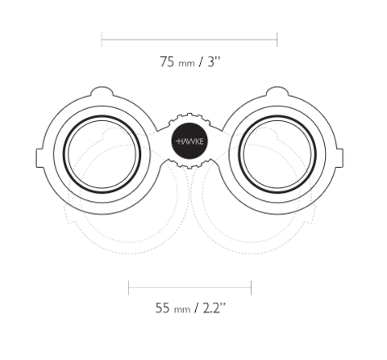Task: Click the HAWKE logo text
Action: (189, 141)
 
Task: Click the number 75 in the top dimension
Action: (167, 61)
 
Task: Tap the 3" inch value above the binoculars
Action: (214, 61)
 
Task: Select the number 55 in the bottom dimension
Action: (163, 308)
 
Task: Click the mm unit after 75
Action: (186, 64)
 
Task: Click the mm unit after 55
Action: (182, 310)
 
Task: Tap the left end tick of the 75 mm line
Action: (102, 40)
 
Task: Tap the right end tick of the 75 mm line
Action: (277, 40)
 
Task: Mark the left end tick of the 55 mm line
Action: (129, 287)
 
